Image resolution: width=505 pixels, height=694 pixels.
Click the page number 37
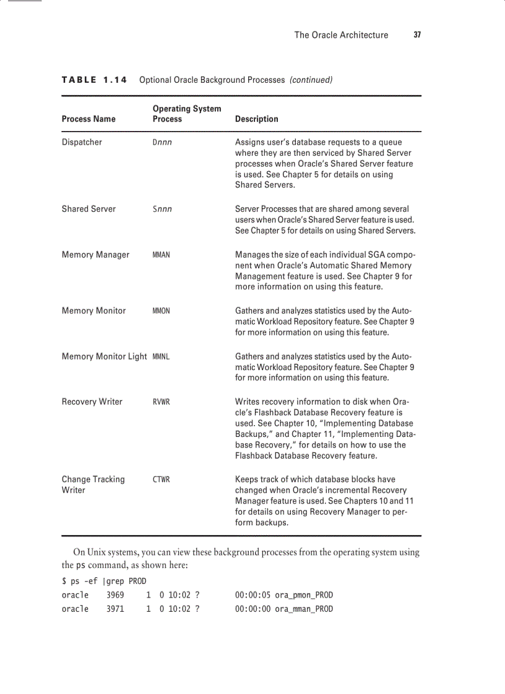(417, 35)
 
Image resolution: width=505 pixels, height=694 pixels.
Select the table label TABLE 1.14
(94, 80)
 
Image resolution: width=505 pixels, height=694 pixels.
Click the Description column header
(256, 119)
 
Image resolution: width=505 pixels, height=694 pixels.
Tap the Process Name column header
(88, 119)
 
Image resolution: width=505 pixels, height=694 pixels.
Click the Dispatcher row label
(82, 142)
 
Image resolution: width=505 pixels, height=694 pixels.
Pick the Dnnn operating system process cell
(162, 142)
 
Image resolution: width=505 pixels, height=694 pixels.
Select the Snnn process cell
(162, 209)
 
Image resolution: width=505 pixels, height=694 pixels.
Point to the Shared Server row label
(88, 209)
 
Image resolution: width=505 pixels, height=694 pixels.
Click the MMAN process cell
(161, 255)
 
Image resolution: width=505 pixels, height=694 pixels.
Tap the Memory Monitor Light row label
(104, 357)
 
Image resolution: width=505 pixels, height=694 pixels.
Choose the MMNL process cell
(161, 357)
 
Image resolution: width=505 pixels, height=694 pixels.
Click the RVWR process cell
(161, 402)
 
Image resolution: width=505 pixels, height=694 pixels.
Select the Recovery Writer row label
(92, 402)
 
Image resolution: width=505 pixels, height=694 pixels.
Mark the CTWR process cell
(161, 480)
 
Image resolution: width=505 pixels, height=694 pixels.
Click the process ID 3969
(115, 595)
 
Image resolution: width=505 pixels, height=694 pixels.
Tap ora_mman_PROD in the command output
(303, 609)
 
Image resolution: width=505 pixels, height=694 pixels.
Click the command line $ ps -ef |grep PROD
(104, 581)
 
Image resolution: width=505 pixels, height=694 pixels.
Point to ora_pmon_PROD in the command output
(303, 595)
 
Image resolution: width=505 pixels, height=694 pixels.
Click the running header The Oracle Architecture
(341, 35)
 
